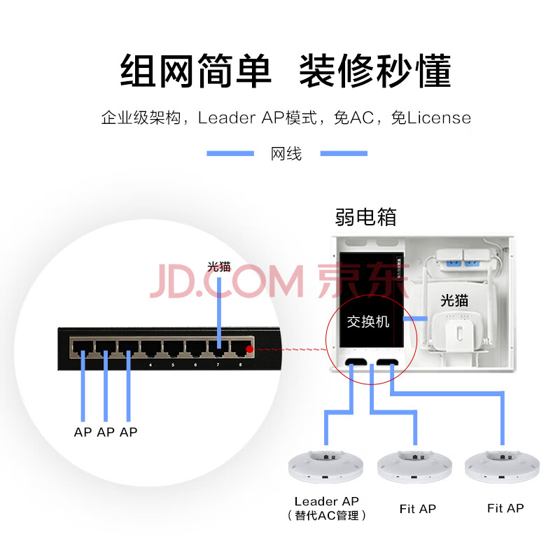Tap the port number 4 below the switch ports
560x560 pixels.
[150, 365]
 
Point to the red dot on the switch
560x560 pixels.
[249, 349]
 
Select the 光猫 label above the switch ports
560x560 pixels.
[218, 266]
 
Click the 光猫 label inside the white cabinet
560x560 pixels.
[454, 301]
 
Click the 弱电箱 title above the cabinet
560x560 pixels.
[366, 217]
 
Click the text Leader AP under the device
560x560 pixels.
[326, 501]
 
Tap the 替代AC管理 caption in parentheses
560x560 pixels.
[326, 516]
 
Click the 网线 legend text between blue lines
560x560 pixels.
[286, 154]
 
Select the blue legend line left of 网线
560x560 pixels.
[230, 153]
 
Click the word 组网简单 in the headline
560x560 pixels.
[196, 71]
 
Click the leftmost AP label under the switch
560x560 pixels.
[83, 432]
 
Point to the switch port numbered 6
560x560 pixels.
[195, 347]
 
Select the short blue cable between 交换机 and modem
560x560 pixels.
[418, 318]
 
